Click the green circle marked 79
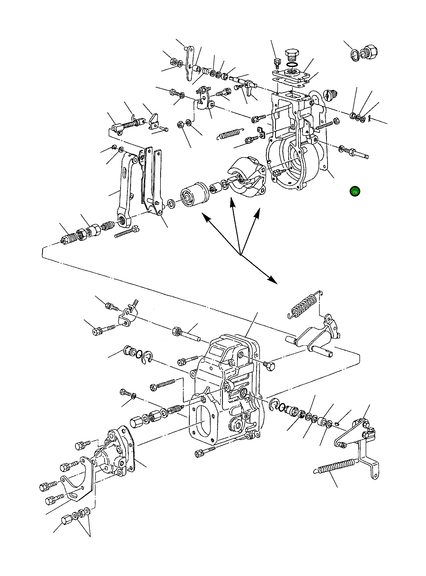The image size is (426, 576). point(355,192)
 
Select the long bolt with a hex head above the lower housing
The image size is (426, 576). point(186,335)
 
